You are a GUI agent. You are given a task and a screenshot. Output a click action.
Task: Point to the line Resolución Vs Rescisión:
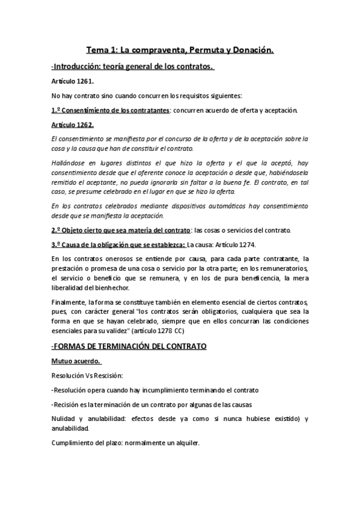coord(88,375)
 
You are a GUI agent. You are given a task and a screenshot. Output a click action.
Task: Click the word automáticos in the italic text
coord(188,206)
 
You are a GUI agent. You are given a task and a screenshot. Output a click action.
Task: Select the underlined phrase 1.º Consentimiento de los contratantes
coord(111,110)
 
